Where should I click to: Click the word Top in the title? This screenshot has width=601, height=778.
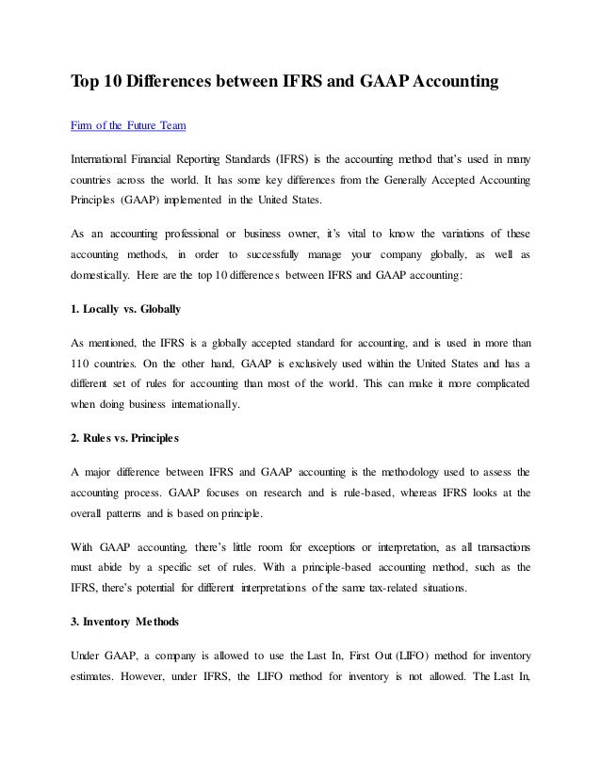pyautogui.click(x=86, y=84)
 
